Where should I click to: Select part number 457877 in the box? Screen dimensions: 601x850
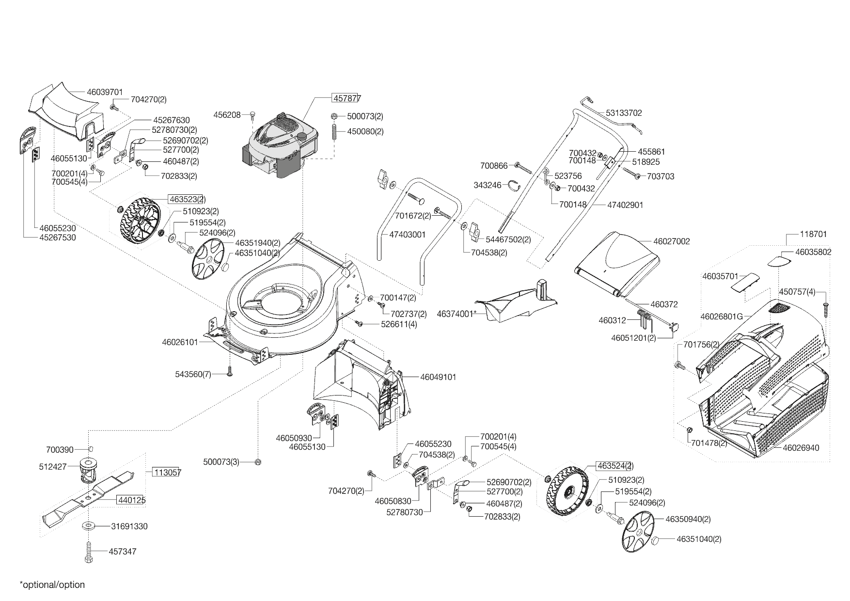coord(346,98)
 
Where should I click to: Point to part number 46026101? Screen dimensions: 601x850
coord(180,342)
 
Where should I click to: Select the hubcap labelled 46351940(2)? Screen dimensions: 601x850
coord(209,261)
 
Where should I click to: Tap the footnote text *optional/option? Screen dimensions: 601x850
coord(52,585)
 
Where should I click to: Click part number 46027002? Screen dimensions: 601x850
coord(671,241)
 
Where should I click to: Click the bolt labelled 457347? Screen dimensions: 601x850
coord(89,552)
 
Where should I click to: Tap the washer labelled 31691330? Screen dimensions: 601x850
coord(89,526)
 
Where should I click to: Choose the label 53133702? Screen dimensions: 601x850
coord(624,113)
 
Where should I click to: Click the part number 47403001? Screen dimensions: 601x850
coord(407,235)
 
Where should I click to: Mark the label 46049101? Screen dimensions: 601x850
coord(438,377)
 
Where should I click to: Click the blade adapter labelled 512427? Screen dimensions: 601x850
coord(87,469)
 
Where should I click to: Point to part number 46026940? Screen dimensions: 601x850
coord(801,448)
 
